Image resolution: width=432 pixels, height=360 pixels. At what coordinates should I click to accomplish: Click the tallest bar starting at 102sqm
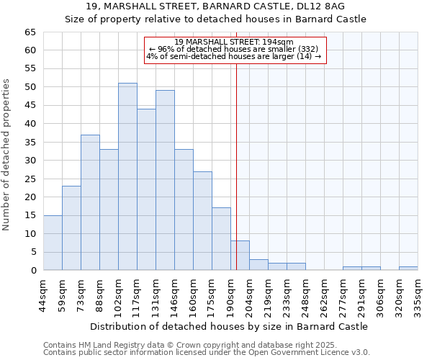point(127,176)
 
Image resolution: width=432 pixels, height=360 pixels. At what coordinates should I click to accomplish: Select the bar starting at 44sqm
point(53,243)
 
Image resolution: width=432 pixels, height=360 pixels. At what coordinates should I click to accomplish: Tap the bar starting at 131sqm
point(165,180)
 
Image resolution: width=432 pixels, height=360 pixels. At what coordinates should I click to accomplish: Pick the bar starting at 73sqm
point(90,202)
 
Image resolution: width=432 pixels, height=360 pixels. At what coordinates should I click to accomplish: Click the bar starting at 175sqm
point(221,239)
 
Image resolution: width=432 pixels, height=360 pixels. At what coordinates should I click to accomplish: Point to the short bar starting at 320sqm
point(408,269)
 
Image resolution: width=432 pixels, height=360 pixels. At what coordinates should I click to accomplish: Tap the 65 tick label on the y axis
point(30,32)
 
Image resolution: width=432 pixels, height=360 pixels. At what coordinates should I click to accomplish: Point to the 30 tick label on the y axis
point(30,161)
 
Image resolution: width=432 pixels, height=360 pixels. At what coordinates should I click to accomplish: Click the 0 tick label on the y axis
point(33,270)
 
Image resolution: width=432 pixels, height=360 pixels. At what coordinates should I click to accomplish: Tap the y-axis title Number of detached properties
point(6,155)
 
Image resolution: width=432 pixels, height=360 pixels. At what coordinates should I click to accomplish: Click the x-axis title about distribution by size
point(229,326)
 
